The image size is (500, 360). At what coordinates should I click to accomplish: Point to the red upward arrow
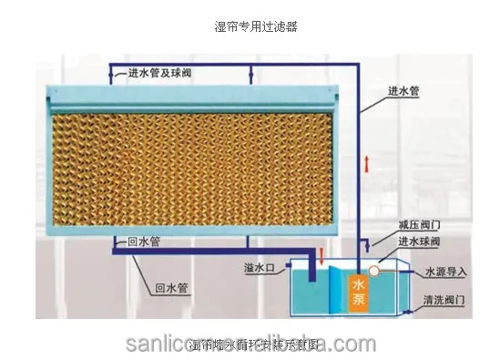366,164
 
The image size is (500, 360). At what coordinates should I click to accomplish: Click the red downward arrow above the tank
321,254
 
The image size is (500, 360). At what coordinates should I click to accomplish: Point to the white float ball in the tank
374,270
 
